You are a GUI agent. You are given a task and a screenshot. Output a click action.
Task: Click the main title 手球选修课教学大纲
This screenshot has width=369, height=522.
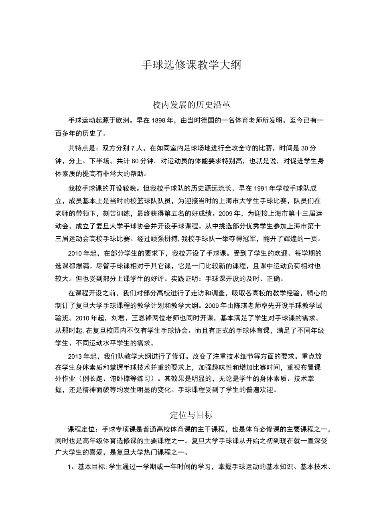[191, 65]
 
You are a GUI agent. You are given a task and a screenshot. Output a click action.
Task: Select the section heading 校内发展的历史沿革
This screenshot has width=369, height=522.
[191, 105]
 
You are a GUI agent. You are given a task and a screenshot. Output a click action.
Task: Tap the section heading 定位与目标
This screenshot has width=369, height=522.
[191, 414]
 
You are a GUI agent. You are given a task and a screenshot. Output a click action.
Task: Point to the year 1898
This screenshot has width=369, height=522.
[159, 120]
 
